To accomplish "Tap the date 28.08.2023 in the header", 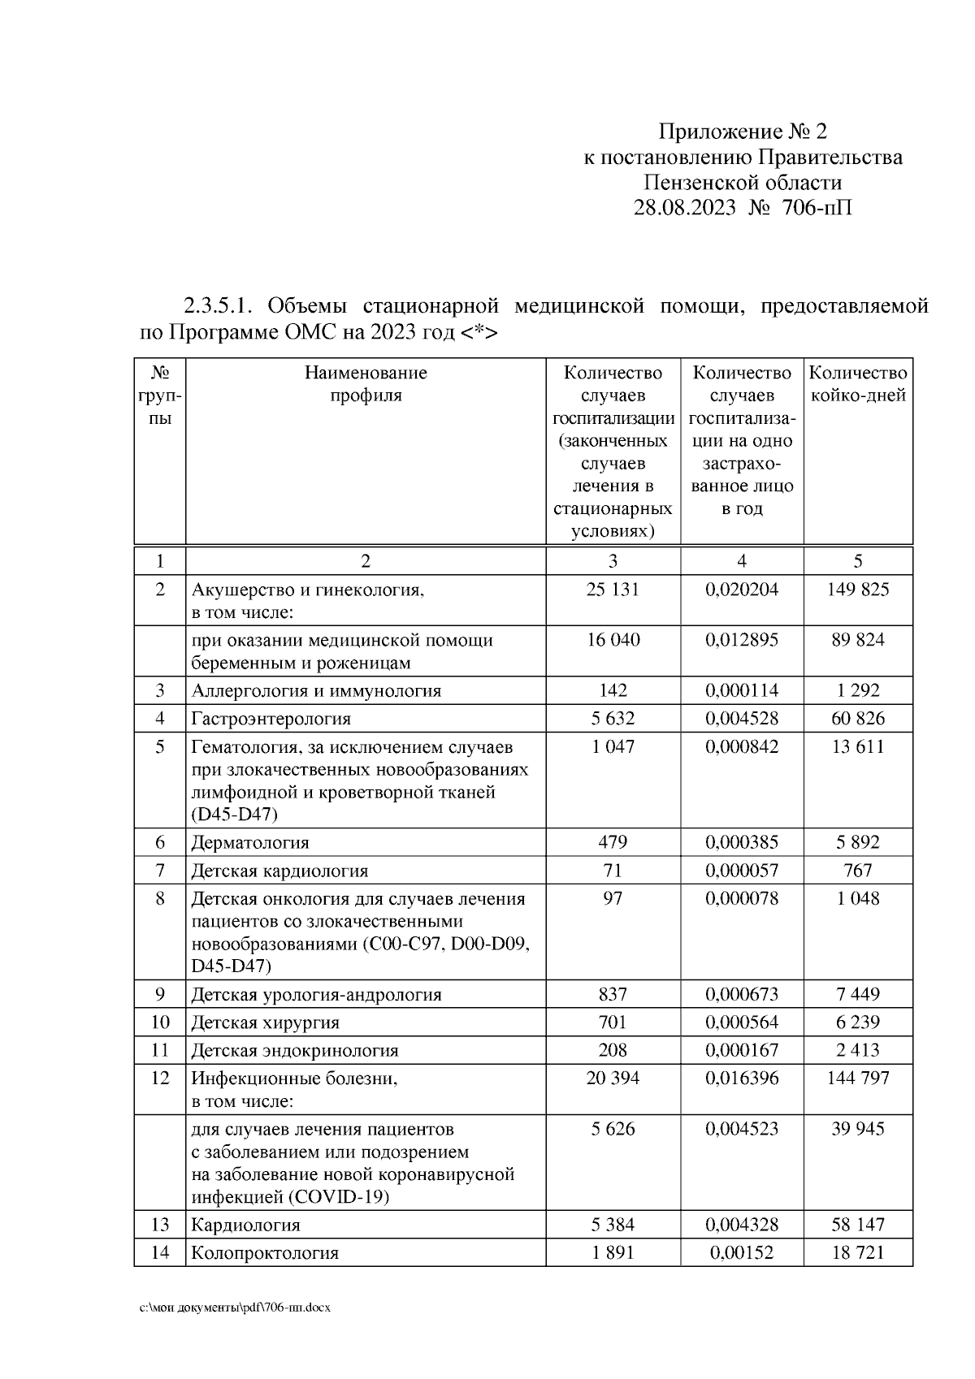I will pyautogui.click(x=684, y=208).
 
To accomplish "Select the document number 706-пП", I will pyautogui.click(x=817, y=208).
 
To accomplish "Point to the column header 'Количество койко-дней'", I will pyautogui.click(x=858, y=384).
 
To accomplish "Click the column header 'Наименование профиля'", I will pyautogui.click(x=366, y=384).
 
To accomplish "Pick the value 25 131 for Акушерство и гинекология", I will pyautogui.click(x=613, y=590).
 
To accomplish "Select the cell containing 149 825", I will pyautogui.click(x=858, y=590).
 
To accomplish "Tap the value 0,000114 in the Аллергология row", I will pyautogui.click(x=741, y=691).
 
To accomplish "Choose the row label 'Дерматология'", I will pyautogui.click(x=250, y=843).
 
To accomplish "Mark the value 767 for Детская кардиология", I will pyautogui.click(x=858, y=871).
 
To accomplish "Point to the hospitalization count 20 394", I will pyautogui.click(x=613, y=1078).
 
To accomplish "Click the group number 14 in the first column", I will pyautogui.click(x=160, y=1252).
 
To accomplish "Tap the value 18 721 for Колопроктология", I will pyautogui.click(x=858, y=1252).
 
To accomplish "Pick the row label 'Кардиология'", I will pyautogui.click(x=245, y=1225).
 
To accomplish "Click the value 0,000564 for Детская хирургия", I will pyautogui.click(x=741, y=1022).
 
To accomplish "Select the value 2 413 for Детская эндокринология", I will pyautogui.click(x=858, y=1050).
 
